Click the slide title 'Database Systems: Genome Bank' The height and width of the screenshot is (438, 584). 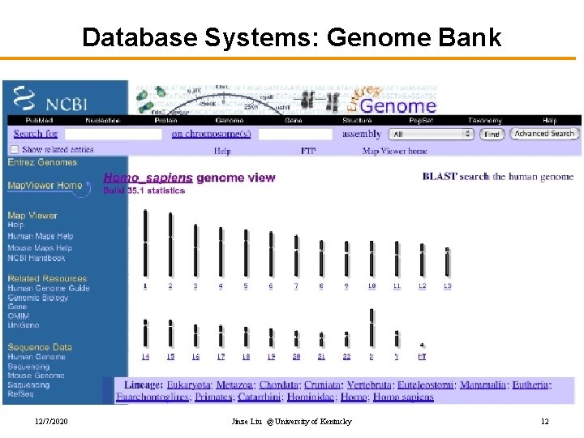coord(292,37)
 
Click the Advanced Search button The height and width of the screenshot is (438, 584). coord(544,134)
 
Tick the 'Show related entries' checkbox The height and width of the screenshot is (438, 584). coord(14,149)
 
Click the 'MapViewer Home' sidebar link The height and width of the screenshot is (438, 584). coord(45,185)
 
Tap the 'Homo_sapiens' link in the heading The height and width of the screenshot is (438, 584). coord(148,178)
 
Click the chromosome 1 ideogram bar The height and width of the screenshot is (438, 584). coord(145,243)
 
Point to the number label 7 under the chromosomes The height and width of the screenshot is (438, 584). coord(296,286)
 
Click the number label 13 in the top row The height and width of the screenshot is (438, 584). coord(447,286)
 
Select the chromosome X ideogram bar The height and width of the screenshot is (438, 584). coord(371,328)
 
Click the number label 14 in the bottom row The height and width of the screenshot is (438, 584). coord(145,356)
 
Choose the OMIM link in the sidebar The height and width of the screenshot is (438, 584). coord(19,316)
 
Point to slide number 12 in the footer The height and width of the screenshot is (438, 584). coord(544,422)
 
